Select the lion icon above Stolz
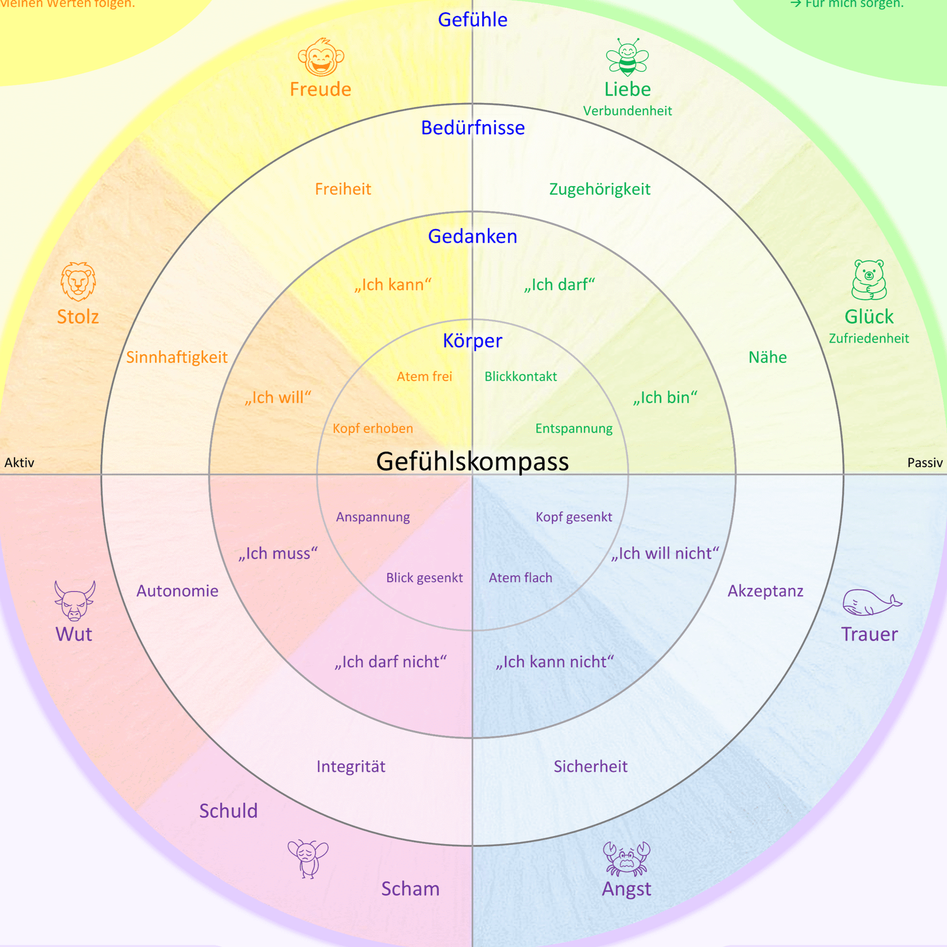point(78,281)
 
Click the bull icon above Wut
point(75,601)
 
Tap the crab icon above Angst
point(626,859)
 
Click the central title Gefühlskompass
point(473,461)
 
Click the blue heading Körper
point(473,341)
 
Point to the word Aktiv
point(19,463)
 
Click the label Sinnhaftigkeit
point(177,357)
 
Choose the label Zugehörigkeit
point(600,189)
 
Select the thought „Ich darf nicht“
point(391,662)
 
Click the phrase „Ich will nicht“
point(665,553)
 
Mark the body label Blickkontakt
point(521,377)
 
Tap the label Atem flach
point(521,578)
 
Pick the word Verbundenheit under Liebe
point(628,111)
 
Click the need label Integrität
point(351,767)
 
